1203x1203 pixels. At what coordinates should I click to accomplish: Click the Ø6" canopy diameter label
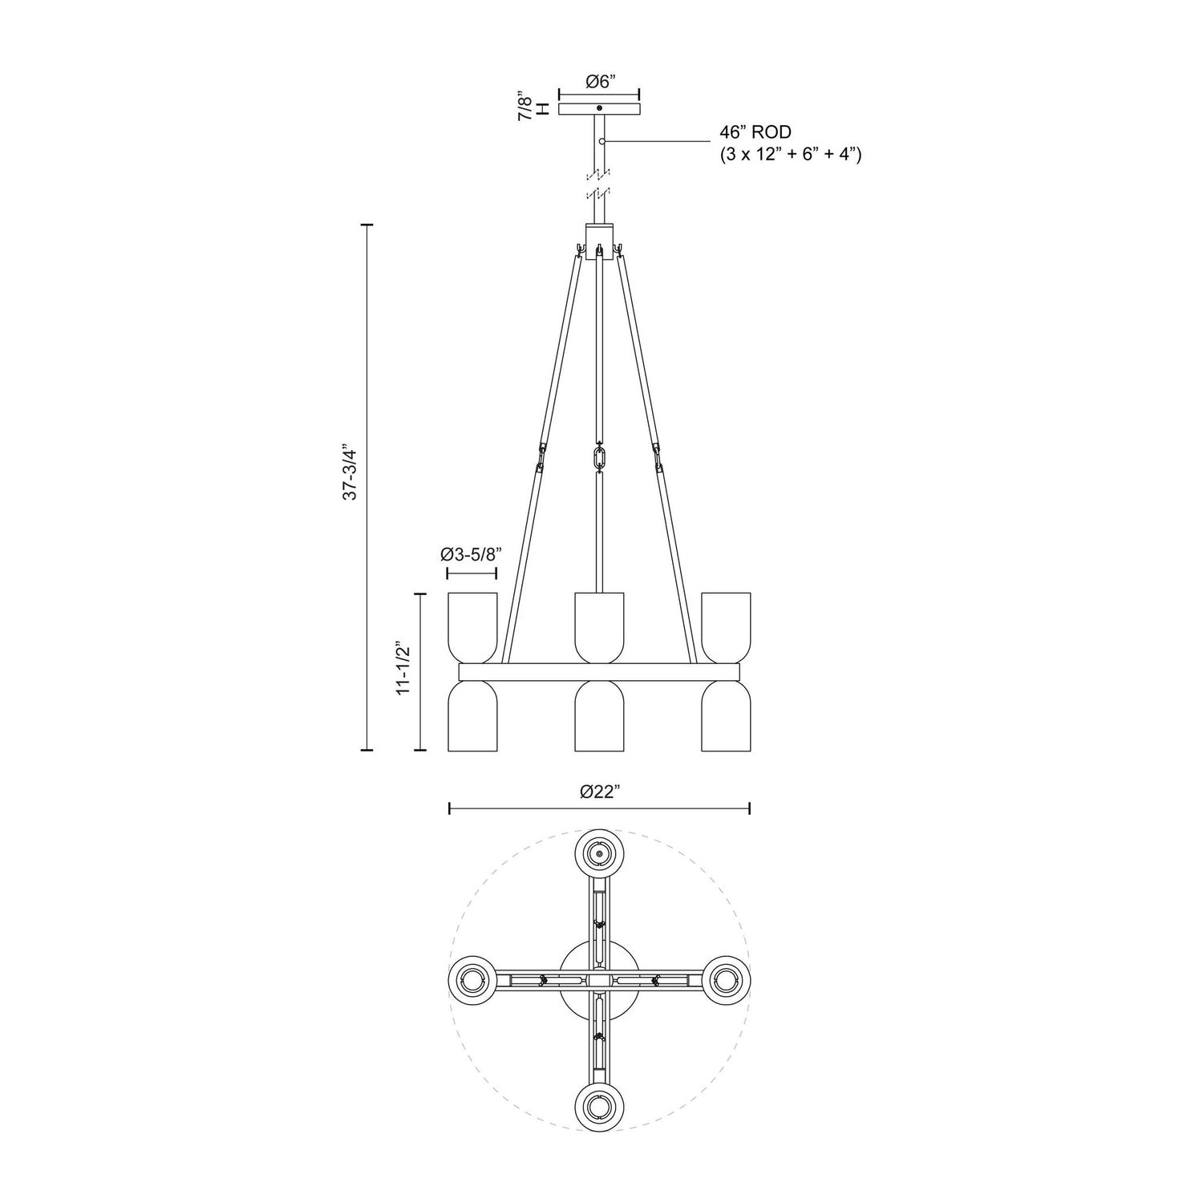599,81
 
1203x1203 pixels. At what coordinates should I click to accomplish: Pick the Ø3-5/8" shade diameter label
471,553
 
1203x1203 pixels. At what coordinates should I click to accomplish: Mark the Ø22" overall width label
600,792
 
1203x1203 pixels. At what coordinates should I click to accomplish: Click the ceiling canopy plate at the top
599,108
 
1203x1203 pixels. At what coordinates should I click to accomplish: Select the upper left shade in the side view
472,626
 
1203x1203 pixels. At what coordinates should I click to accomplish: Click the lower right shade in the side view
726,715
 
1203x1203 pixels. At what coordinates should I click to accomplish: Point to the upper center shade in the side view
599,626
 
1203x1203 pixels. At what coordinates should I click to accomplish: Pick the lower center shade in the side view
599,715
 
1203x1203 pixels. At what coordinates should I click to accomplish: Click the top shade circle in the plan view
599,855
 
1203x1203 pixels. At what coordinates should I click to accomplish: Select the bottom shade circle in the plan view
599,1108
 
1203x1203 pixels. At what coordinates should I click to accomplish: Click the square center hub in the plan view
599,980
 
